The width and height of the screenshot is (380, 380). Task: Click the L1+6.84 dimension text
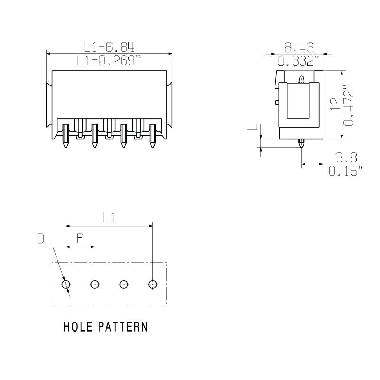[x=109, y=47]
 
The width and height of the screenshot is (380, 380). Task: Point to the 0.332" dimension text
[x=298, y=61]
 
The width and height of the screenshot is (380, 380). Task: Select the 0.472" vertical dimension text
[x=349, y=106]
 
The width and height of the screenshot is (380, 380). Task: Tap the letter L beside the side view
[x=254, y=128]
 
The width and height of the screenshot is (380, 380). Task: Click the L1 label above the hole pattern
[x=109, y=218]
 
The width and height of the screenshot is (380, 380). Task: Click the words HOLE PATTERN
[x=105, y=327]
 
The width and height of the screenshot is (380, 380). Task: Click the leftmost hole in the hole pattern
[x=66, y=285]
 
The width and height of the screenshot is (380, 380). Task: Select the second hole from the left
[x=95, y=285]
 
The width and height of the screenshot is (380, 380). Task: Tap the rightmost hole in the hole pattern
[x=152, y=285]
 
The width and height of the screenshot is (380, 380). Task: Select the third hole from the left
[x=123, y=285]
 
